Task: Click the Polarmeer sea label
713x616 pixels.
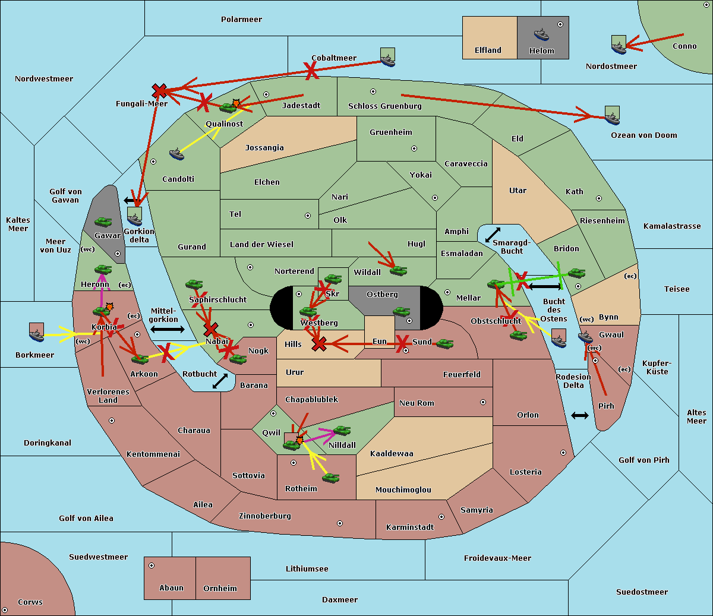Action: point(241,20)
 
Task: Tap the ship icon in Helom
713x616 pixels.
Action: point(541,34)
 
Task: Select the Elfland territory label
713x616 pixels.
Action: point(488,50)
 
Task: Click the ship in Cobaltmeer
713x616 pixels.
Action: point(387,58)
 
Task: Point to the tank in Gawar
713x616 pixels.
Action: point(103,222)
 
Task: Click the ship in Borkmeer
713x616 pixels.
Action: point(37,333)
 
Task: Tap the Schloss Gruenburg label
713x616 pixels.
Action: point(384,106)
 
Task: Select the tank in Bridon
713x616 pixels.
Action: point(576,273)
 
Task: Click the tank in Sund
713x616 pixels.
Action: point(444,343)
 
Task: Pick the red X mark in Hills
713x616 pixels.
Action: point(319,343)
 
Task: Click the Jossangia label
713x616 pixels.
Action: point(264,148)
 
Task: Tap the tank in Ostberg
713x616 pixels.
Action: point(402,312)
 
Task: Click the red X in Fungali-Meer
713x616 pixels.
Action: point(159,91)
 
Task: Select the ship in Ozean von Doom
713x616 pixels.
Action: point(612,116)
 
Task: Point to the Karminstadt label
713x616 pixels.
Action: point(410,527)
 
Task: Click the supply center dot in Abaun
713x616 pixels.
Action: point(152,566)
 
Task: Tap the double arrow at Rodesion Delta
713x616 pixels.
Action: point(580,415)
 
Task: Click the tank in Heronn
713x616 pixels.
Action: point(103,270)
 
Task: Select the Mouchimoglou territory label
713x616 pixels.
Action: point(403,490)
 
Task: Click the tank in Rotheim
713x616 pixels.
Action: point(330,478)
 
